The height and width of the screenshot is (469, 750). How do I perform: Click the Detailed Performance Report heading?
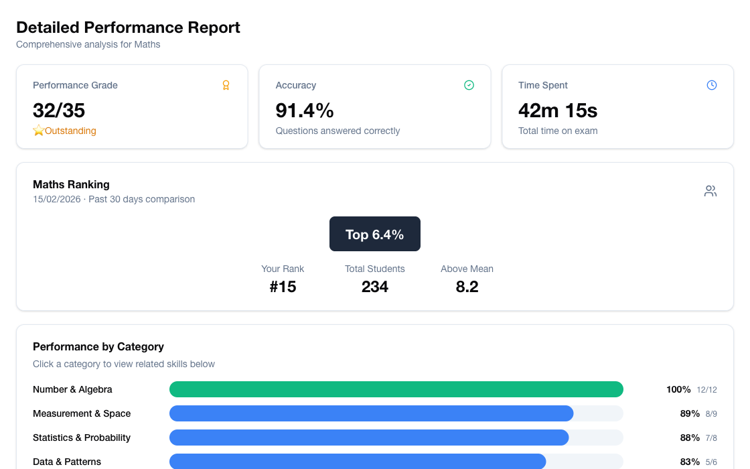point(128,27)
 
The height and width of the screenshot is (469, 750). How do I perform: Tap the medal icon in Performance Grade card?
point(226,85)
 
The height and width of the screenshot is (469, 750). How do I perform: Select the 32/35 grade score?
point(59,110)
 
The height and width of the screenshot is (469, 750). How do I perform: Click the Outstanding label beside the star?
point(70,131)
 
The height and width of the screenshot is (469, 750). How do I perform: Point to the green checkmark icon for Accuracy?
point(469,85)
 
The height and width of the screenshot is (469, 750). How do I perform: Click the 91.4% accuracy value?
point(305,110)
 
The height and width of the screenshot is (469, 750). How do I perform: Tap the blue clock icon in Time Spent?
point(712,85)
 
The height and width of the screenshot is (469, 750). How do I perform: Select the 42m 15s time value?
point(558,110)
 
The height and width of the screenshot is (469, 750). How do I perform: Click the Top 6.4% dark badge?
point(375,234)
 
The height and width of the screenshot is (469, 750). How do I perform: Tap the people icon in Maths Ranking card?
point(710,191)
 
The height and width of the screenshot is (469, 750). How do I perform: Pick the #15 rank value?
point(283,287)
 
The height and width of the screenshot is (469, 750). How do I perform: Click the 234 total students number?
point(375,287)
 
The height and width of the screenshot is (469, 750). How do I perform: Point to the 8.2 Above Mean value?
point(467,287)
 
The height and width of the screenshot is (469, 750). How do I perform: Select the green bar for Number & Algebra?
point(396,389)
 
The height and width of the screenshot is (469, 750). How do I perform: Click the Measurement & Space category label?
point(82,413)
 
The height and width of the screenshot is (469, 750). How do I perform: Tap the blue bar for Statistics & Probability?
point(369,438)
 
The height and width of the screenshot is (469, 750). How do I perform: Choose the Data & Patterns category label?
point(67,462)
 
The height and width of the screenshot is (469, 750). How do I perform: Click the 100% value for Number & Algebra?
point(678,389)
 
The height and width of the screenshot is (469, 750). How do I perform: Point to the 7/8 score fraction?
point(710,438)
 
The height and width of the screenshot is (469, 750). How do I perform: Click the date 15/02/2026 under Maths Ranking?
point(58,199)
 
